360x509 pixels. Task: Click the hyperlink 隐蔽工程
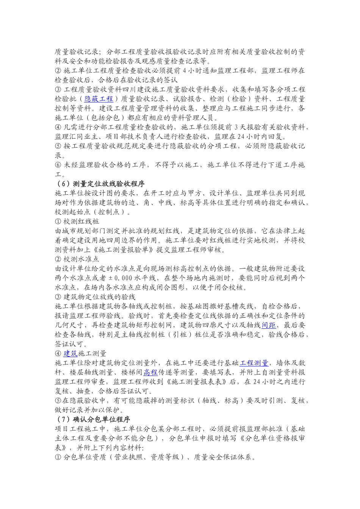(x=99, y=99)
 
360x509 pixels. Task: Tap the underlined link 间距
(x=268, y=325)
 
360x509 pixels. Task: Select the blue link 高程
(x=150, y=372)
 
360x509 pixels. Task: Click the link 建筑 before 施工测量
(x=70, y=353)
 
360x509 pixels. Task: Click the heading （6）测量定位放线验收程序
(x=100, y=184)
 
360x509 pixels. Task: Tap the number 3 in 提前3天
(x=230, y=127)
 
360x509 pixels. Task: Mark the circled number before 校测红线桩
(x=58, y=222)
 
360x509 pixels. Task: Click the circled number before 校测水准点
(x=58, y=259)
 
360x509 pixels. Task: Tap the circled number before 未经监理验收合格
(x=58, y=165)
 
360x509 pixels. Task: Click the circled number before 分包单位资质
(x=58, y=457)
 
